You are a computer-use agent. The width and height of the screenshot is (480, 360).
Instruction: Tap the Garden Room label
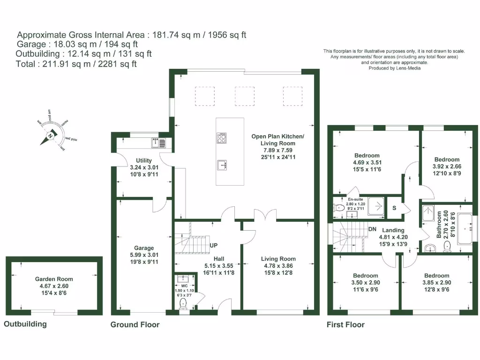click(54, 279)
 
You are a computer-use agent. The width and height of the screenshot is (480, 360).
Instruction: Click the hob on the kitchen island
click(221, 138)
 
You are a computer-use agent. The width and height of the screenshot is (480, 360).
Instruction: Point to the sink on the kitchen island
click(222, 165)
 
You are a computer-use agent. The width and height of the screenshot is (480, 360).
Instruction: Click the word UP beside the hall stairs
click(214, 245)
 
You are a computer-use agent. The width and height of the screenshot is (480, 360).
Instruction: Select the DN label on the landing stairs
click(373, 229)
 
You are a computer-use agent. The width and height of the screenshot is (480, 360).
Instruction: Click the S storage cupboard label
click(395, 208)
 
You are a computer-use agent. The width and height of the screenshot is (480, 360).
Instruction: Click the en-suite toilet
click(338, 208)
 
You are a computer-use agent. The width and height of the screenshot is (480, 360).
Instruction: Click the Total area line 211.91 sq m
click(76, 64)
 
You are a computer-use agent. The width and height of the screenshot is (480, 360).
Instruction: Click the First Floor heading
click(345, 324)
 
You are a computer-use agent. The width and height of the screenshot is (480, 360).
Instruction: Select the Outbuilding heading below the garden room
click(25, 324)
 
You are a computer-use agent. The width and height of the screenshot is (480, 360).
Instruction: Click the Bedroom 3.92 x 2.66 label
click(447, 159)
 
